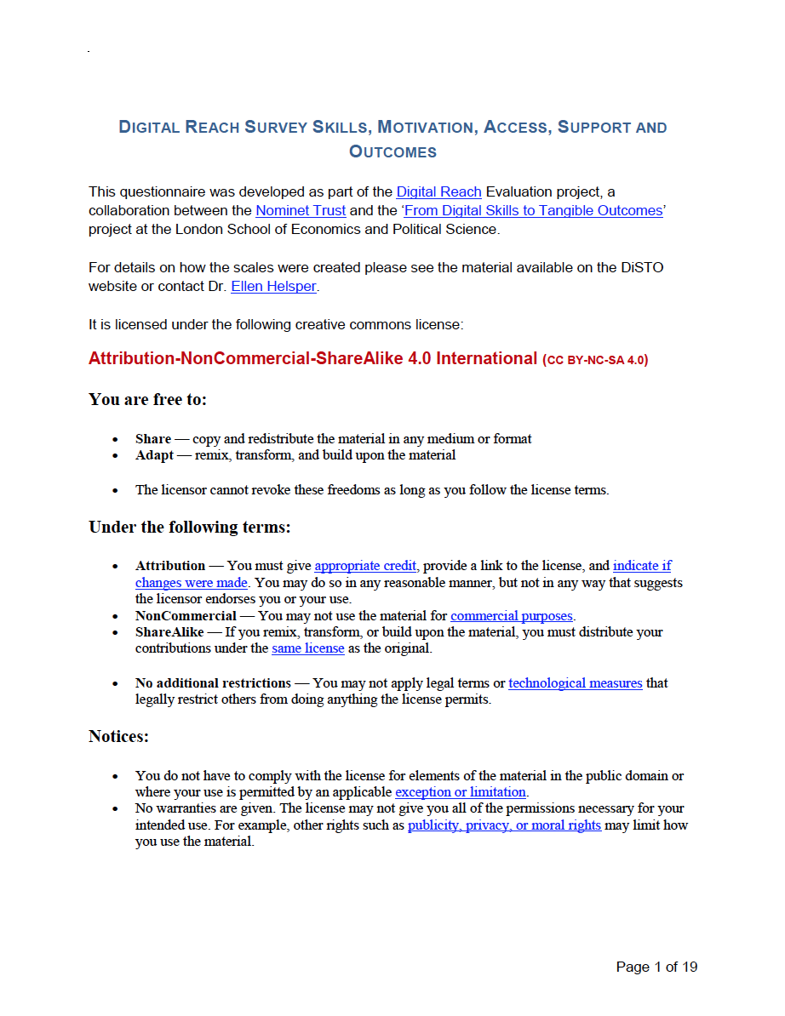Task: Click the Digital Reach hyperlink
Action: (x=438, y=192)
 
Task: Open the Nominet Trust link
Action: (x=301, y=210)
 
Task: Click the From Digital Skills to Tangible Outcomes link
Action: (x=533, y=210)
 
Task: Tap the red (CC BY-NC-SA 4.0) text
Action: (x=595, y=360)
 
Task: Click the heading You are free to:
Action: (x=147, y=399)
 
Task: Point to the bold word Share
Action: (x=153, y=439)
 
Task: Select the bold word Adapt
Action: (x=154, y=455)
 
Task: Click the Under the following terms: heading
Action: (x=190, y=528)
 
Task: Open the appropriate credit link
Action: (x=366, y=566)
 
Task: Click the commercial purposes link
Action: (x=512, y=616)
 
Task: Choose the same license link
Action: (x=307, y=648)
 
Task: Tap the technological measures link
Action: (x=576, y=683)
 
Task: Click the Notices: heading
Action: (x=118, y=736)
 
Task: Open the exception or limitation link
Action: (x=461, y=792)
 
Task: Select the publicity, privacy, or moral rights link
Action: (x=504, y=825)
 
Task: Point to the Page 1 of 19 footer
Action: (x=656, y=967)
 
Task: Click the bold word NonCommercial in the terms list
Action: (x=186, y=616)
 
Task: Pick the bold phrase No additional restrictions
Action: (x=213, y=683)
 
